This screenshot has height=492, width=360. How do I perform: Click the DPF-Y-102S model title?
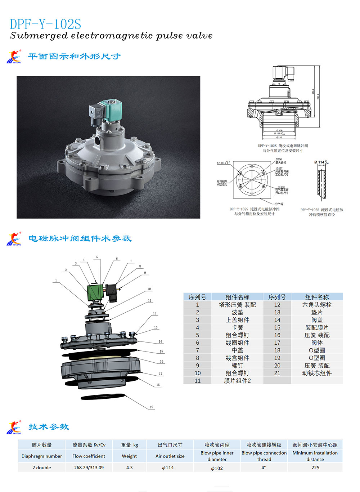click(x=45, y=24)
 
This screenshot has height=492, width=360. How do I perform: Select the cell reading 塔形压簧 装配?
click(x=237, y=305)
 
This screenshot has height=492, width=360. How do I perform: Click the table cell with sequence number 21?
click(x=277, y=373)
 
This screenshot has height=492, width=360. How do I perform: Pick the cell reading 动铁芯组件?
click(x=317, y=373)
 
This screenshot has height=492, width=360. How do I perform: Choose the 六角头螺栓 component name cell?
click(x=317, y=305)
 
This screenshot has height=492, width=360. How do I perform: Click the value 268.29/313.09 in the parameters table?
click(x=89, y=468)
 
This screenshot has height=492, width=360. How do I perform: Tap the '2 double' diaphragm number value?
click(x=42, y=468)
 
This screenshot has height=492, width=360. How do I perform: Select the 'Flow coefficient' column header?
click(x=89, y=456)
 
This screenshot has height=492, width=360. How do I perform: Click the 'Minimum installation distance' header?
click(x=315, y=456)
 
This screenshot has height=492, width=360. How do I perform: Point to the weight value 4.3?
click(x=129, y=468)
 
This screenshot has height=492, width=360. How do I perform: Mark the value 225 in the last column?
click(x=315, y=468)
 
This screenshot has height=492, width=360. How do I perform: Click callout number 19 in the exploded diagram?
click(x=151, y=407)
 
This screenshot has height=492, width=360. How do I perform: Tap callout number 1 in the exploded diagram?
click(x=56, y=280)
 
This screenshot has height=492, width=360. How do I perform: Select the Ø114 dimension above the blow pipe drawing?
click(x=321, y=162)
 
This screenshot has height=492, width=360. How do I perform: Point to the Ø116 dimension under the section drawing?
click(x=279, y=138)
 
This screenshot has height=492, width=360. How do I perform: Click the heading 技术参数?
click(x=49, y=427)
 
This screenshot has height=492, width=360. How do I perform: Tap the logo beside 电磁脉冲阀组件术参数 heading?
click(x=14, y=239)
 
